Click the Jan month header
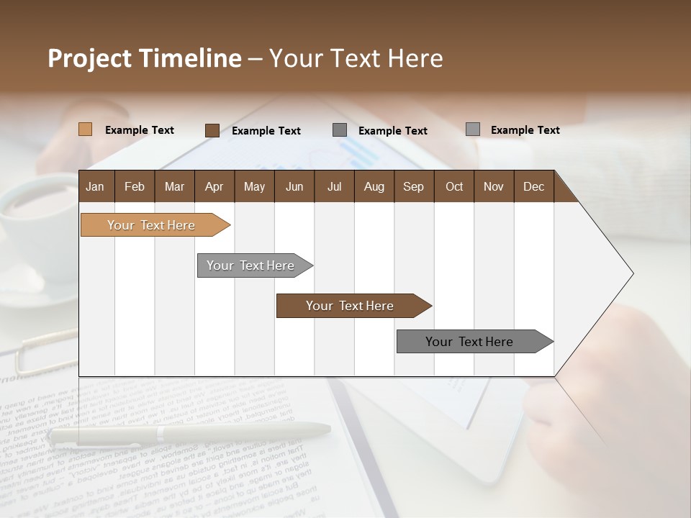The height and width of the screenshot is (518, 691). click(x=95, y=187)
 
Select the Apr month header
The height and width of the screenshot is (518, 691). click(x=214, y=187)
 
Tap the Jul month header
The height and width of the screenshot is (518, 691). click(x=334, y=187)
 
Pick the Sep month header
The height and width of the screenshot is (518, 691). click(x=413, y=187)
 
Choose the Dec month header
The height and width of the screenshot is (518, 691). click(x=533, y=187)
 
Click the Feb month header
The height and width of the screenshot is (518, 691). click(x=135, y=187)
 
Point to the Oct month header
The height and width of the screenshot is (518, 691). click(x=454, y=187)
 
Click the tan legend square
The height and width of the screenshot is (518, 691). click(x=85, y=129)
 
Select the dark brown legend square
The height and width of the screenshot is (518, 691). click(x=212, y=130)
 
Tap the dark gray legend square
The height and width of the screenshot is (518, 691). click(x=339, y=130)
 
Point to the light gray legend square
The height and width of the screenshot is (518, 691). click(x=472, y=129)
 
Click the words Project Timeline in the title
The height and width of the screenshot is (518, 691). click(x=144, y=58)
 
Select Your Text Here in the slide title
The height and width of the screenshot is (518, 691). click(x=356, y=58)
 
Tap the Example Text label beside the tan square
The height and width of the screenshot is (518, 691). click(x=140, y=130)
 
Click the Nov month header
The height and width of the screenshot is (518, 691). click(x=494, y=187)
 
